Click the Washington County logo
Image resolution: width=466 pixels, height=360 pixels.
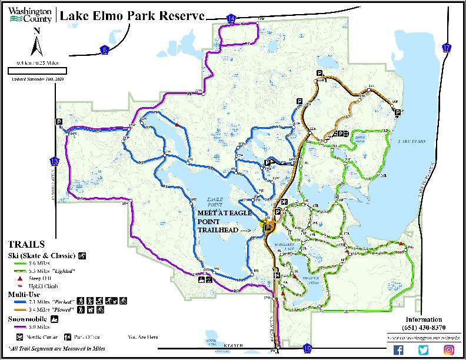coord(29,14)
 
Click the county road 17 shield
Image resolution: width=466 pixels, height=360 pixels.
coord(448,48)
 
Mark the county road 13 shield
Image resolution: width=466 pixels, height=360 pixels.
coord(55,161)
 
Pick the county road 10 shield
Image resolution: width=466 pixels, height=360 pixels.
coord(308,349)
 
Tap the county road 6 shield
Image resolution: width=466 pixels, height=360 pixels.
coord(105,49)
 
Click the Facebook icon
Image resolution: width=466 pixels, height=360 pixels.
coord(398,350)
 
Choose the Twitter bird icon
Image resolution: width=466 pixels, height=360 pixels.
coord(424,350)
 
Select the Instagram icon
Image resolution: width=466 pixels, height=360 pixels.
coord(449,350)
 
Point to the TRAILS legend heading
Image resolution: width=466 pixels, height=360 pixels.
coord(26,244)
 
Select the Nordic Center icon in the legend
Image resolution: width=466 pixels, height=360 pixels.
coord(19,338)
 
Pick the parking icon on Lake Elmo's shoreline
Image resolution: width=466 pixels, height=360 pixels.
coord(398,112)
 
